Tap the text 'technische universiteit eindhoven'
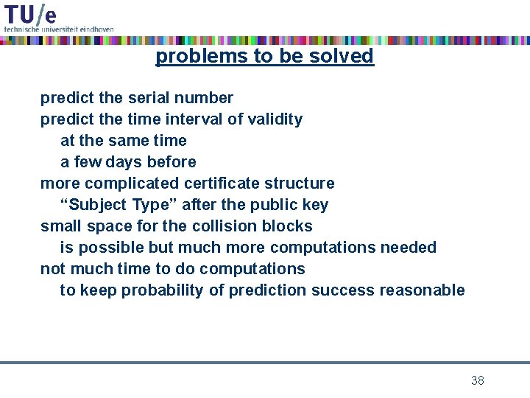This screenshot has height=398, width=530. click(x=59, y=29)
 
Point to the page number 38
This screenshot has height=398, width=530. click(x=477, y=380)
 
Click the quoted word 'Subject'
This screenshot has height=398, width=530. click(x=98, y=205)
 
